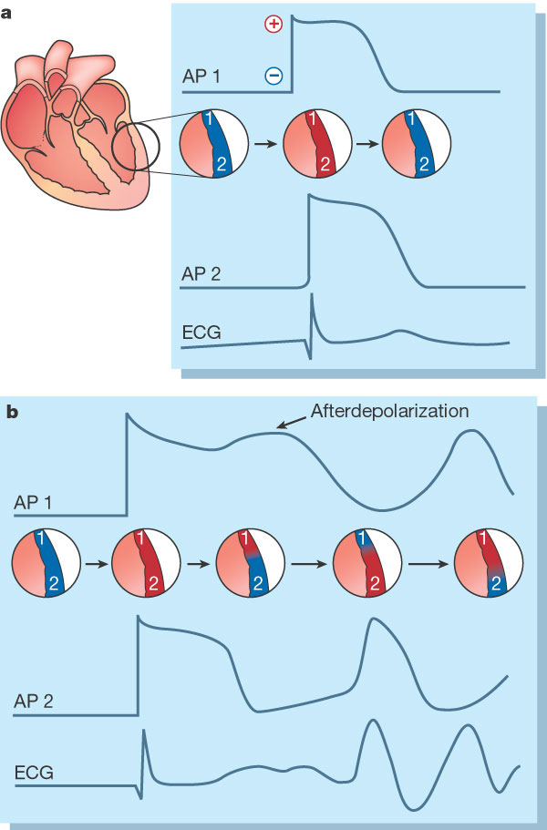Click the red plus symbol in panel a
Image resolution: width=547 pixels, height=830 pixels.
tap(273, 25)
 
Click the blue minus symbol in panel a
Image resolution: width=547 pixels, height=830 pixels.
tap(273, 76)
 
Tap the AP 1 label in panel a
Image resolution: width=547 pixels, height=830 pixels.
tap(202, 77)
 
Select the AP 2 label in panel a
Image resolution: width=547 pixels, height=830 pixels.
tap(202, 271)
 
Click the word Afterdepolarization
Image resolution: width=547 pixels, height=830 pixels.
tap(390, 412)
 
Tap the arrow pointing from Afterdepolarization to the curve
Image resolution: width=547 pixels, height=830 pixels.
tap(292, 422)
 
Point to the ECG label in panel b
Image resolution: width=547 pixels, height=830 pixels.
tap(34, 774)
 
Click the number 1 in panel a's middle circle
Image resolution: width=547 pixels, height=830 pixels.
tap(312, 120)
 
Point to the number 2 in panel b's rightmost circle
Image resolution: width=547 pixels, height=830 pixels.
tap(496, 587)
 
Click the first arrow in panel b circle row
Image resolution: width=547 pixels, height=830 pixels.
tap(93, 565)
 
